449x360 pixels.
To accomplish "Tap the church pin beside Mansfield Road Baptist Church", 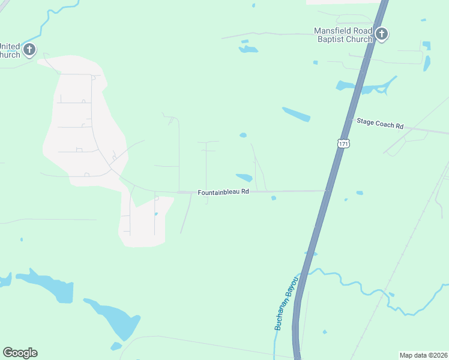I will pyautogui.click(x=382, y=34).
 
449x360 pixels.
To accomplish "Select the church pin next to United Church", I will pyautogui.click(x=29, y=50).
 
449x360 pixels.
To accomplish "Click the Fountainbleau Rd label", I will pyautogui.click(x=223, y=192).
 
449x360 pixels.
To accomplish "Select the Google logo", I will pyautogui.click(x=20, y=353).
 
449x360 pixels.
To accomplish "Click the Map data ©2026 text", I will pyautogui.click(x=423, y=355).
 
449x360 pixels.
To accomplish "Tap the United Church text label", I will pyautogui.click(x=10, y=50).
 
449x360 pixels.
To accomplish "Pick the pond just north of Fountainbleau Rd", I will pyautogui.click(x=244, y=177).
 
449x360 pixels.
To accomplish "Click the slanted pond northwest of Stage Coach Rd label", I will pyautogui.click(x=296, y=114).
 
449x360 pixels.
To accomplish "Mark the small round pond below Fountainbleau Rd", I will pyautogui.click(x=273, y=198).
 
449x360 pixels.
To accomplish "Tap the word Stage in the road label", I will pyautogui.click(x=366, y=122).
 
